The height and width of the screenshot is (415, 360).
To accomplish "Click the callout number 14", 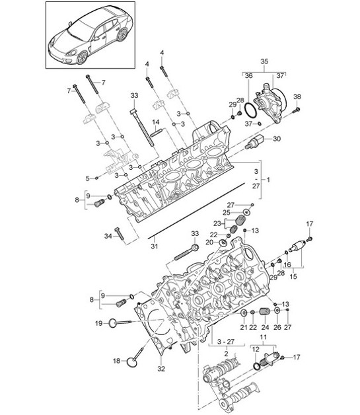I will [156, 122].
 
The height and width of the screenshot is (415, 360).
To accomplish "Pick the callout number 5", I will [87, 177].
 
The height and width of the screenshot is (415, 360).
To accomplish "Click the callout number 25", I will [226, 212].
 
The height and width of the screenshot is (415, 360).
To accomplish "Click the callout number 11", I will [264, 336].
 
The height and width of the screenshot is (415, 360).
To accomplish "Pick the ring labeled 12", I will [256, 365].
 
